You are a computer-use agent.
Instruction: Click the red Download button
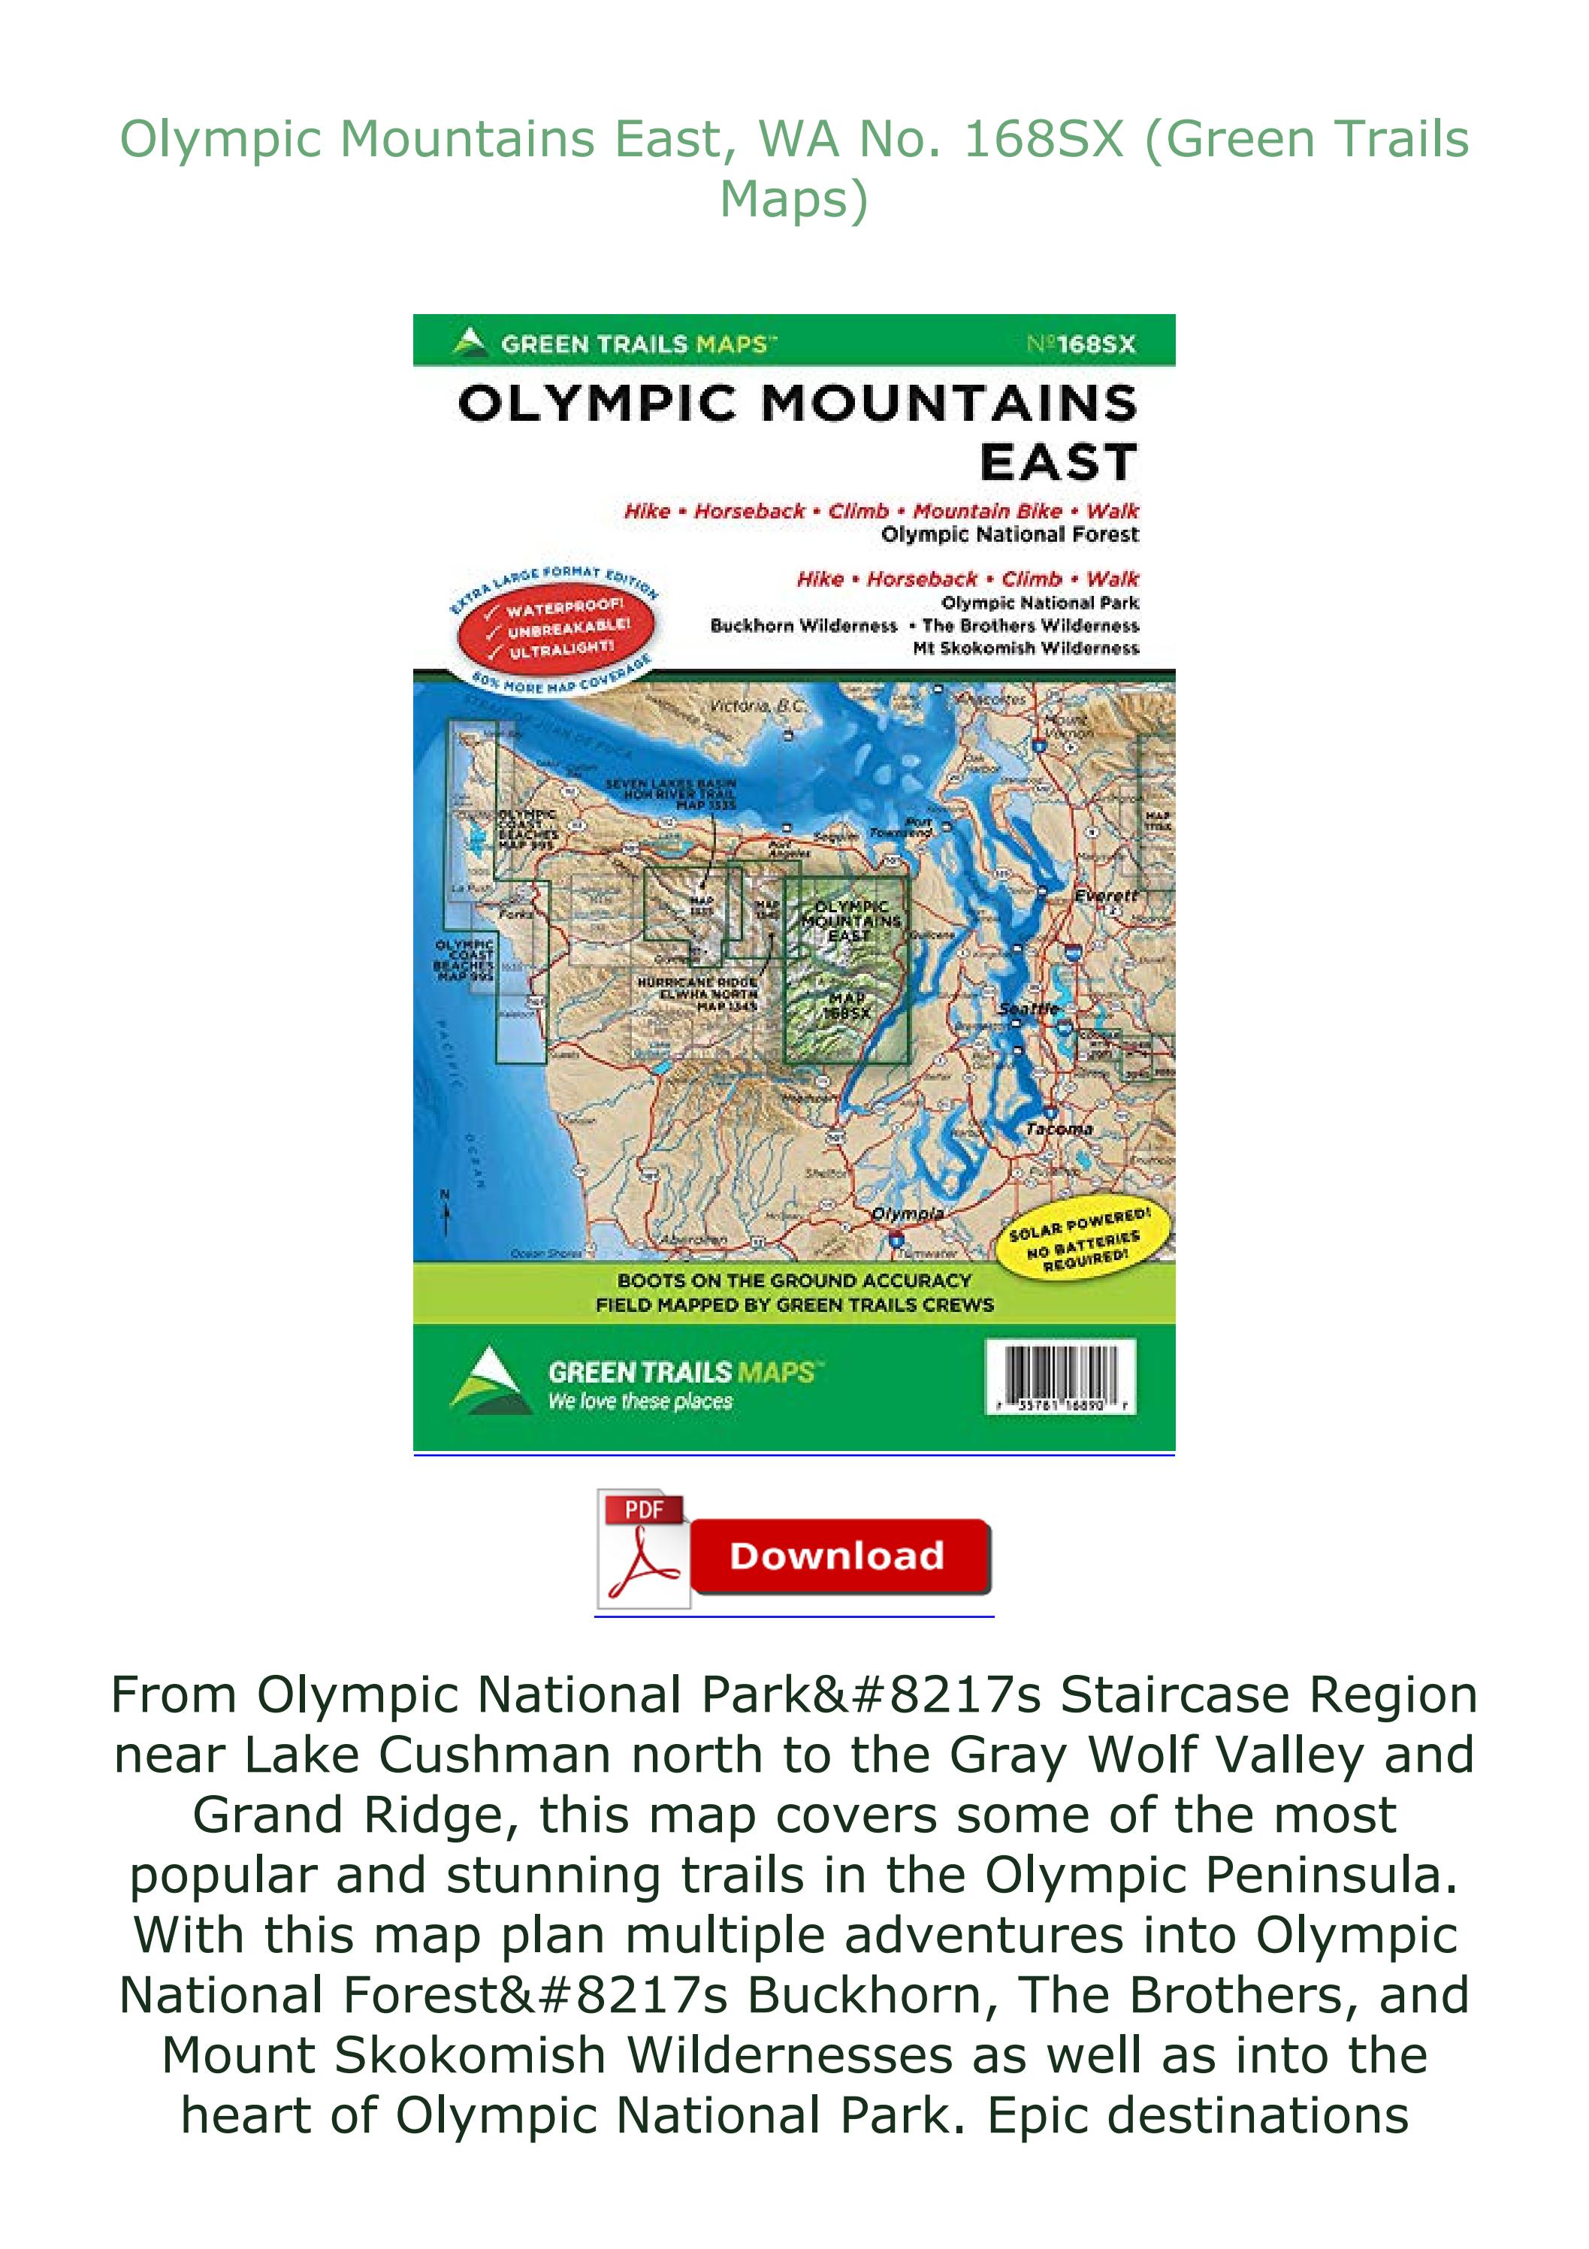point(838,1555)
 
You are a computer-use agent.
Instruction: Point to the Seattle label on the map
point(1029,1009)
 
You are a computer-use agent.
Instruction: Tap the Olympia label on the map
point(908,1214)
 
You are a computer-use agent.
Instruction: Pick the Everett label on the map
point(1106,895)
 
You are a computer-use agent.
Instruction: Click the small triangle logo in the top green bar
point(471,342)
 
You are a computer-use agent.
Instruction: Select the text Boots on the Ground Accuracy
point(793,1280)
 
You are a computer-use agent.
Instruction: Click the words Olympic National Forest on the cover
point(1009,535)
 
